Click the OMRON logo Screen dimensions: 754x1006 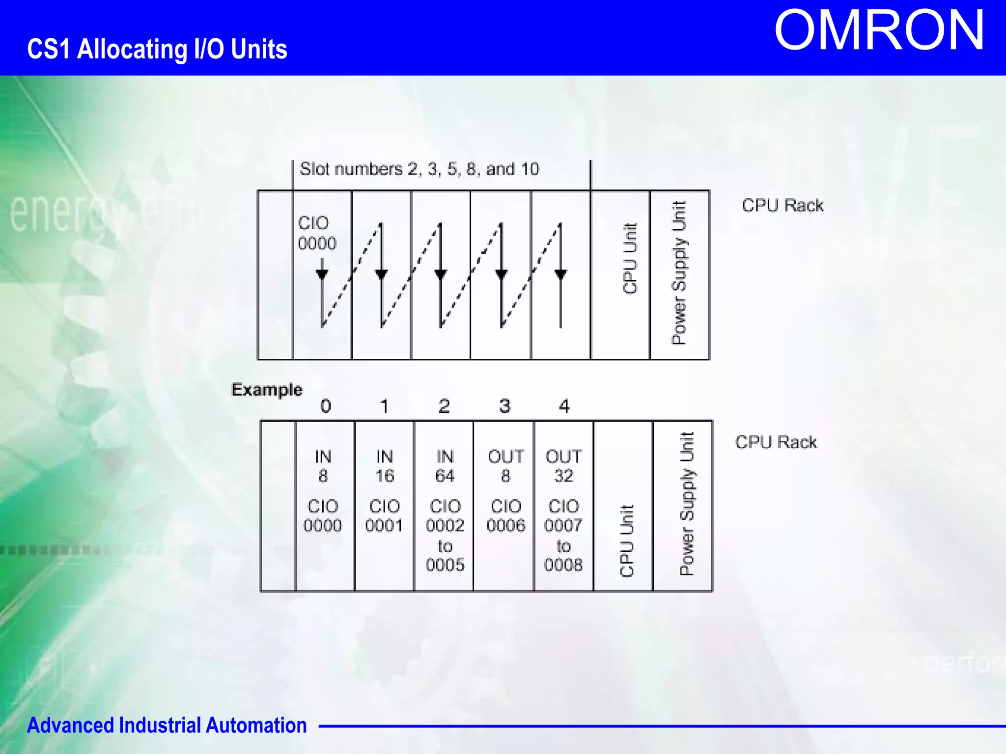click(879, 30)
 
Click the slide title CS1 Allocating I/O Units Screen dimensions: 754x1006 click(157, 49)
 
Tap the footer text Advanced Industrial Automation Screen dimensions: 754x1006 click(167, 725)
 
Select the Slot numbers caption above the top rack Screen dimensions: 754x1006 click(419, 169)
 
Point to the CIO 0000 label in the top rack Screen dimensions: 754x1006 click(317, 233)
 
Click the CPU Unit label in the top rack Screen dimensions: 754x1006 click(630, 259)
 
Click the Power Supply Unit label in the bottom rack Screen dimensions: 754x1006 click(687, 504)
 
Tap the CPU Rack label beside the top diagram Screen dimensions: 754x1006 click(782, 205)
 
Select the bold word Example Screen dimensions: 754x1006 click(267, 390)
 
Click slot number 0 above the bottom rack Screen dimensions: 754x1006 click(326, 406)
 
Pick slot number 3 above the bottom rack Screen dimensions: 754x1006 click(504, 406)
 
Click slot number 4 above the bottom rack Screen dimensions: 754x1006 click(564, 406)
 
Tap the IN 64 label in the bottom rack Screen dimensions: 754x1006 click(445, 466)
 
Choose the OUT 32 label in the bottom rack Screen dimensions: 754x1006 click(563, 466)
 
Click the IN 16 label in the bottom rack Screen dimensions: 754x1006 click(385, 466)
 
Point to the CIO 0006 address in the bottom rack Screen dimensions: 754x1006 click(506, 516)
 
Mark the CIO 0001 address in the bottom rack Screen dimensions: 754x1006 click(384, 516)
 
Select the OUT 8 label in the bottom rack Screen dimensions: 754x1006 click(506, 466)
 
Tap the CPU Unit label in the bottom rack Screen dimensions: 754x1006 click(627, 541)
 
